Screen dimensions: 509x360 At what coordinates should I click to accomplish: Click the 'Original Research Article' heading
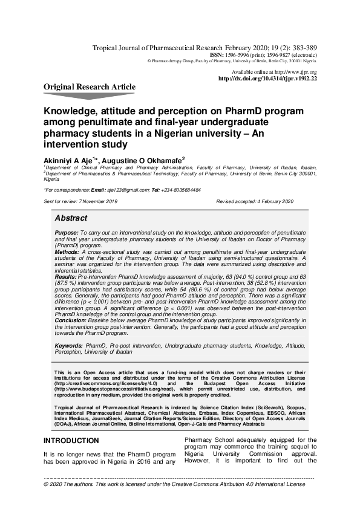(x=90, y=87)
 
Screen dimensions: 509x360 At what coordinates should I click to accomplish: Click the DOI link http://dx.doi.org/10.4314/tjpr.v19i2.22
(x=267, y=79)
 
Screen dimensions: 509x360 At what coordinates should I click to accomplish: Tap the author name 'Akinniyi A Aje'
(x=70, y=159)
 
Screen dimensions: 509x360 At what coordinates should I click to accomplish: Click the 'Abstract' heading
(x=71, y=218)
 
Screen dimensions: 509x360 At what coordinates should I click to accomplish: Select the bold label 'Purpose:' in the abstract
(x=66, y=232)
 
